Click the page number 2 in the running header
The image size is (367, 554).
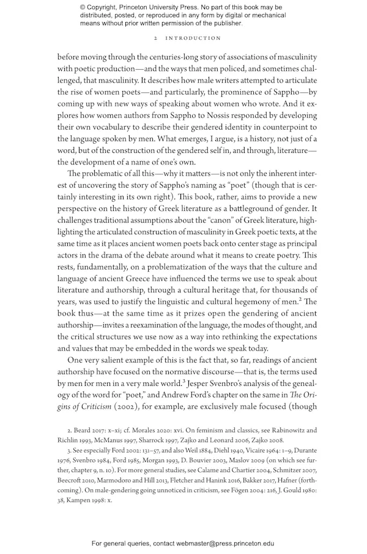tap(157, 38)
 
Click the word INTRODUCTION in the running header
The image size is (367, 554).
tap(195, 38)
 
